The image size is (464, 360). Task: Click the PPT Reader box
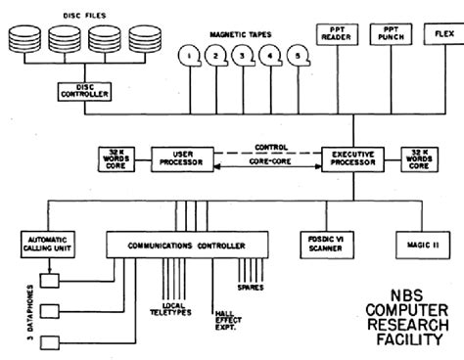[317, 35]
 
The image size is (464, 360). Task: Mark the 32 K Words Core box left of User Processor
[111, 157]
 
